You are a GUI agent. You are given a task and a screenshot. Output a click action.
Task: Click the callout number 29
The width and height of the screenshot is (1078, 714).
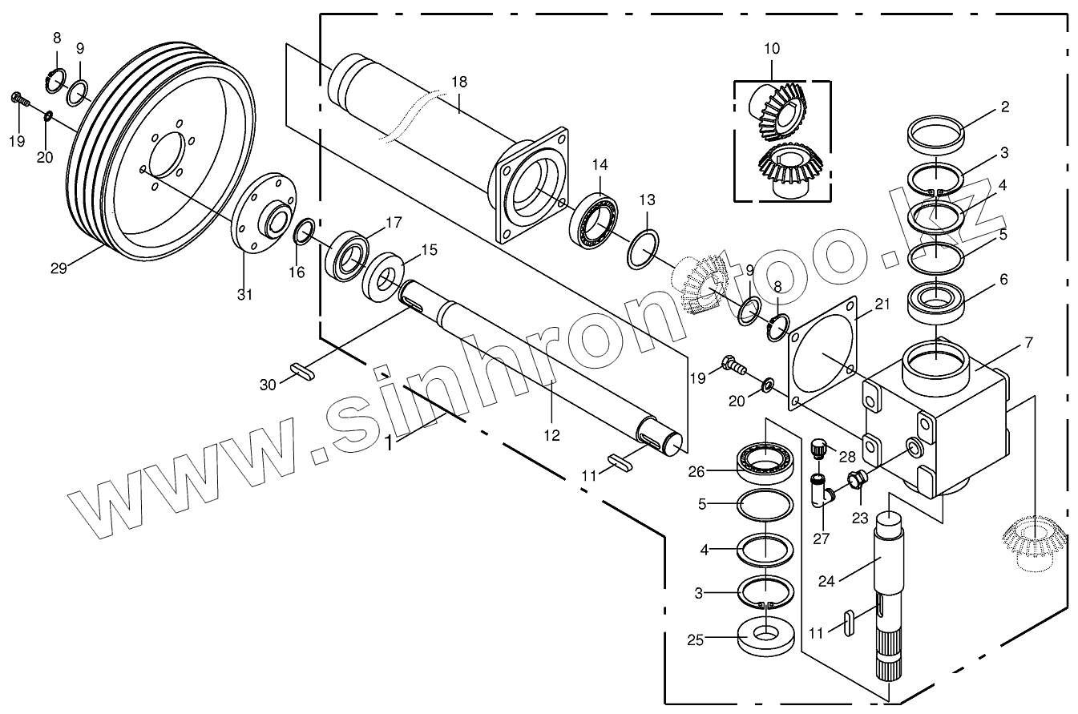pos(59,268)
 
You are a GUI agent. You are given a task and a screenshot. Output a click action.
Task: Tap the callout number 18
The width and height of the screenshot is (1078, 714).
pos(458,82)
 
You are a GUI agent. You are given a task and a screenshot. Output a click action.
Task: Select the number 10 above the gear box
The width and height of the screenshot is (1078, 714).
pos(771,49)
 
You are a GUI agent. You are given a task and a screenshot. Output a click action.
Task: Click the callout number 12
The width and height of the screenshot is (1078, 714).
pos(551,435)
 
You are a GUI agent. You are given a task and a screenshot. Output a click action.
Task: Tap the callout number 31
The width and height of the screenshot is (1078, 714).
pos(244,294)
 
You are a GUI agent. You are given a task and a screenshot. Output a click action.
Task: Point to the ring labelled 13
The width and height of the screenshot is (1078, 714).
pos(643,251)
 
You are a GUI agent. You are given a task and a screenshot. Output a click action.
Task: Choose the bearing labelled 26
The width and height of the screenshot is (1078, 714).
pos(765,462)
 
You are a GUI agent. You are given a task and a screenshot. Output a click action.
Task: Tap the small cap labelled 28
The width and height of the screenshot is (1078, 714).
pos(818,447)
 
